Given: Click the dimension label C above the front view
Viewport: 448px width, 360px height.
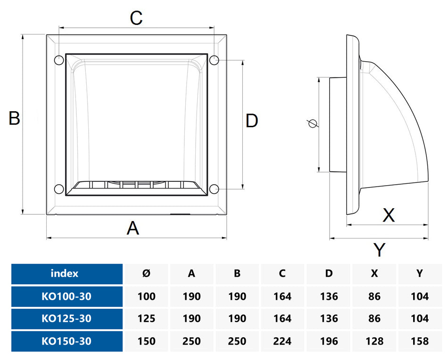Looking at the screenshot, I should pos(136,18).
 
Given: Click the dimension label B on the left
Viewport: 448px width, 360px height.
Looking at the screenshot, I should pos(14,118).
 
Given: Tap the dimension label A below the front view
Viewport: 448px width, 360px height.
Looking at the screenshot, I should pos(133,229).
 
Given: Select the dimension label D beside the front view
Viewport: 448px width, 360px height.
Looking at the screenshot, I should pos(252,121).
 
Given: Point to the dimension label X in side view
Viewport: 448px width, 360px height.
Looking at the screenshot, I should pos(388,215).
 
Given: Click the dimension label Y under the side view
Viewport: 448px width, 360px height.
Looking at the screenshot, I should pos(379,250).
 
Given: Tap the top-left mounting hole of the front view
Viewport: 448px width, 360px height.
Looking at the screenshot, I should pos(59,60).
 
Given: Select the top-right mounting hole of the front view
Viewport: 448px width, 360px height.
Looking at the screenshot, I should pos(214,60).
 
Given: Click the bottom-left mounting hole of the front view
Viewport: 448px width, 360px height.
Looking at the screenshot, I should pos(59,189).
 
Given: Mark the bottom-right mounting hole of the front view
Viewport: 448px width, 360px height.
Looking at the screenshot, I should pos(214,189).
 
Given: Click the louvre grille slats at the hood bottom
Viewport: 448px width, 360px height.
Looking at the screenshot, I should pos(136,185).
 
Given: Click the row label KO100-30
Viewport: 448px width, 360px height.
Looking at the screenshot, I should pos(66,296).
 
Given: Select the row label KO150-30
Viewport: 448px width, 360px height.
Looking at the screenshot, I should pos(66,341).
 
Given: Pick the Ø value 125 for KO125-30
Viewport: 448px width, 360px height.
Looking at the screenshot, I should pos(146,319).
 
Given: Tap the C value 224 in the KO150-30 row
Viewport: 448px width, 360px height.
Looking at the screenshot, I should pos(282,341).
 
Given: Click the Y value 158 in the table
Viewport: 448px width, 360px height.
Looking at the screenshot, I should pos(419,341).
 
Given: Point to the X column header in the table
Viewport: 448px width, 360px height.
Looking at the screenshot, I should pos(374,273).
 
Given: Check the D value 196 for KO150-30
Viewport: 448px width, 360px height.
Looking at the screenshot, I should pos(328,341).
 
